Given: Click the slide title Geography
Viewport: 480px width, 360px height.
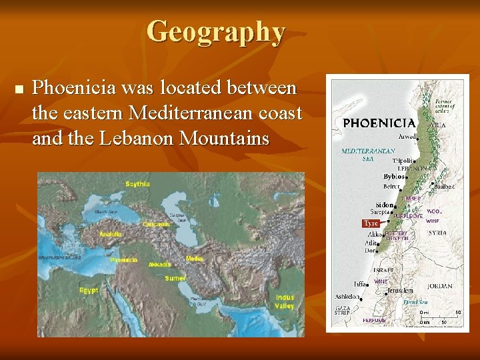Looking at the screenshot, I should click(x=215, y=31).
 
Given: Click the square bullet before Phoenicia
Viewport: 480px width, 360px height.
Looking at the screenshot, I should click(x=18, y=89).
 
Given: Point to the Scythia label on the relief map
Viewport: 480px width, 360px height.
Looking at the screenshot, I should click(x=138, y=183).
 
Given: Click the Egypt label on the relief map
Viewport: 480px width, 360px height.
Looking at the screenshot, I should click(x=89, y=290).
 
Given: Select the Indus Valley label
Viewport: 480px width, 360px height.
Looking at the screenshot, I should click(x=284, y=301).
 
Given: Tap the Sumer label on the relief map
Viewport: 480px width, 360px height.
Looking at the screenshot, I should click(x=175, y=278).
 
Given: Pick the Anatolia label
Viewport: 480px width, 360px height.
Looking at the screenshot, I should click(x=110, y=234).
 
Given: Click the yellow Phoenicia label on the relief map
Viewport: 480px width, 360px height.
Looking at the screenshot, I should click(x=124, y=259).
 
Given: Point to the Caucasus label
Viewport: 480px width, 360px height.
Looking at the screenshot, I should click(x=156, y=224).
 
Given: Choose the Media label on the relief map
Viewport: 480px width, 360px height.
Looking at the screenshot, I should click(x=195, y=258).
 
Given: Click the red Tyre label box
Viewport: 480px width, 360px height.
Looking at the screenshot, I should click(x=371, y=223).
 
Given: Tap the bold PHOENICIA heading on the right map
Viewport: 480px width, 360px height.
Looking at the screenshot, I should click(x=379, y=123).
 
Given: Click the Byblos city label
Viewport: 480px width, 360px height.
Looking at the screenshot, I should click(x=394, y=177).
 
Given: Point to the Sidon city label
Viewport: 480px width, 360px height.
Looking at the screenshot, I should click(x=385, y=205).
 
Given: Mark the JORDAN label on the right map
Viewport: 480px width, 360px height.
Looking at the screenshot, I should click(x=440, y=287).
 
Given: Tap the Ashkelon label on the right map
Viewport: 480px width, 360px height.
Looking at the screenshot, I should click(x=347, y=296).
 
